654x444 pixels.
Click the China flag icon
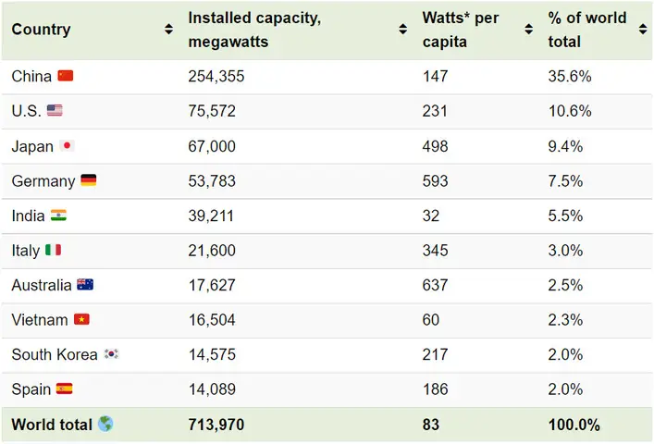coord(65,76)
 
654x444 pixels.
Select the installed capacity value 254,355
coord(216,77)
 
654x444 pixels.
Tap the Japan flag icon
coord(67,146)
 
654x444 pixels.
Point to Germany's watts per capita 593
coord(435,180)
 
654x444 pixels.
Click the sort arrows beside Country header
coord(168,30)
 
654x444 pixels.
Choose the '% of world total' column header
coord(586,30)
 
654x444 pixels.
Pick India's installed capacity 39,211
coord(211,216)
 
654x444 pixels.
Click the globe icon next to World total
coord(105,425)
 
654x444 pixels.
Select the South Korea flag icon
coord(111,354)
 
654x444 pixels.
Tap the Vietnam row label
coord(40,320)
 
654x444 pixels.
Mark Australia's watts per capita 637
coord(435,285)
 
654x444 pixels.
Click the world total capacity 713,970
coord(216,425)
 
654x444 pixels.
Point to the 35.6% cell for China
coord(569,77)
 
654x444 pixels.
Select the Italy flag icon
coord(54,250)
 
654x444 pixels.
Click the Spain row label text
coord(31,389)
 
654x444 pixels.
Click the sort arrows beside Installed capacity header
coord(403,30)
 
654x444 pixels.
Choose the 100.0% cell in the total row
coord(574,425)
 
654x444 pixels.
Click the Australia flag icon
coord(85,285)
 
